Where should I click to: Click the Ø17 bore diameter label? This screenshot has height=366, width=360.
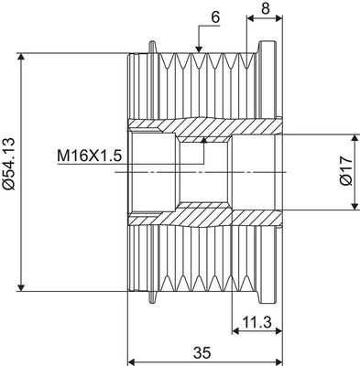(344, 171)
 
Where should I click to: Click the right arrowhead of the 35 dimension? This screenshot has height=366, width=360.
(278, 361)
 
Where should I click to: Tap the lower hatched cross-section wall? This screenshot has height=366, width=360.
(211, 216)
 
